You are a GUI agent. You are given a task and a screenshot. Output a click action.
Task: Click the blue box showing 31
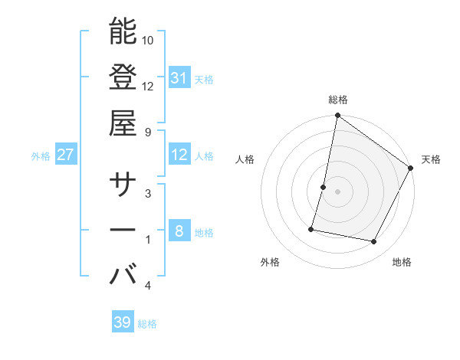(179, 77)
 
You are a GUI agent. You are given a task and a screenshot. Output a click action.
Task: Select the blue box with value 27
(66, 155)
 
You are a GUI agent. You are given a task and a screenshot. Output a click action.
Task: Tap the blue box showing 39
(123, 322)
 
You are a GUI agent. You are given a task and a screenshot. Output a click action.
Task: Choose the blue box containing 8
(179, 231)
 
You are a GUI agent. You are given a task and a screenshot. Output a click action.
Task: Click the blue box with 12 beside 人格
(179, 155)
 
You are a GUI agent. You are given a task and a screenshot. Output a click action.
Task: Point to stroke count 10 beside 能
(149, 40)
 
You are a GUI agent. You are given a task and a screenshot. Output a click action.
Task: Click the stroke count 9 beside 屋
(149, 131)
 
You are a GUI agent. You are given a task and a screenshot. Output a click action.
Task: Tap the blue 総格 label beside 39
(147, 324)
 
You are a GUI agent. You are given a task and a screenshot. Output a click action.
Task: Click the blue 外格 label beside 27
(41, 156)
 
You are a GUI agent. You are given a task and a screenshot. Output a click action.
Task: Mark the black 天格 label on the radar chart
(431, 159)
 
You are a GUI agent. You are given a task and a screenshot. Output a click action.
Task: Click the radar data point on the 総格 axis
(337, 116)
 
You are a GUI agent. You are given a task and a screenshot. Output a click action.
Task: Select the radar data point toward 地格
(374, 242)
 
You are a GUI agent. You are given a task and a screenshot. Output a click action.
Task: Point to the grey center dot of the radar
(337, 191)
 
